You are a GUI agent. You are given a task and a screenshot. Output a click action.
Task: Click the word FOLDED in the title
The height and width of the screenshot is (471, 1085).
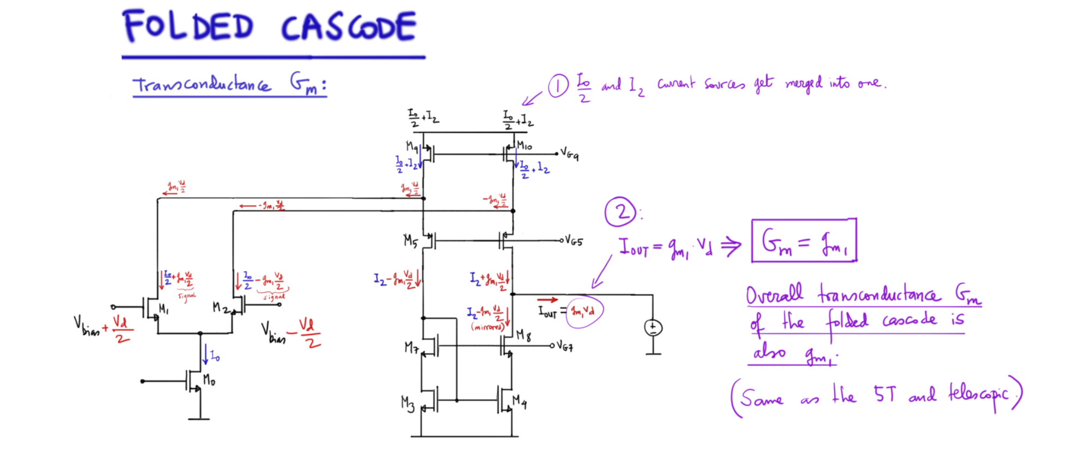point(188,26)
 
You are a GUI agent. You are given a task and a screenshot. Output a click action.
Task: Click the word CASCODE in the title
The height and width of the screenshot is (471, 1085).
point(349,27)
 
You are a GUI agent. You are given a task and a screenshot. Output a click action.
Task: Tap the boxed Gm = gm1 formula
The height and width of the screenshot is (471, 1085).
point(804,241)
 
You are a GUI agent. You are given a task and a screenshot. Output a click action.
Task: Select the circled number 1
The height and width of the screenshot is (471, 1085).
point(558,86)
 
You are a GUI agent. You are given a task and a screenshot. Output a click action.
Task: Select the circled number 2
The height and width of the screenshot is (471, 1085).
point(621,212)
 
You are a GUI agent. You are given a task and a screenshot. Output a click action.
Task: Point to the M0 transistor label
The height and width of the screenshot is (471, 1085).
point(209,380)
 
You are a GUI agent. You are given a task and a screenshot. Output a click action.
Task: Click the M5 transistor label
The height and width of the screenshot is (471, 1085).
point(411,240)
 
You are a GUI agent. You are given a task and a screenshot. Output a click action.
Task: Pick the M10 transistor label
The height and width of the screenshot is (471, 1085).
point(525,145)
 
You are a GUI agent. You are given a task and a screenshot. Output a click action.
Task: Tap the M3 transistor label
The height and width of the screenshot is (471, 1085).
point(407,403)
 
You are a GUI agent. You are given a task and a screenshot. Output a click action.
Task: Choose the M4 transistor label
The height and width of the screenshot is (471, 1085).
point(520,402)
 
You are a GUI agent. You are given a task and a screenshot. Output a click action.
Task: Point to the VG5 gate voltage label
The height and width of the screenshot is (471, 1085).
point(574,240)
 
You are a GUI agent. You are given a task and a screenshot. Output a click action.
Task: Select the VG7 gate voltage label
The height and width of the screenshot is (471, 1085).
point(565,345)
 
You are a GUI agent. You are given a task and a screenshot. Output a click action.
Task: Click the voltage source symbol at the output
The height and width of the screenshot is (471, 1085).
point(653,327)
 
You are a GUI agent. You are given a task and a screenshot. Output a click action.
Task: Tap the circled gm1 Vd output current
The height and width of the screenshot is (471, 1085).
point(584,311)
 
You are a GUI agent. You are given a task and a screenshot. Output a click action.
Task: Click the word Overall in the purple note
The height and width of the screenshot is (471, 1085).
point(774,295)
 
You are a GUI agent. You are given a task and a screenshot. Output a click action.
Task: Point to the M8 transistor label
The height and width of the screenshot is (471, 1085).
point(523,334)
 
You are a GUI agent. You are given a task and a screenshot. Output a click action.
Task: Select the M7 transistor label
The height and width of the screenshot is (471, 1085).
point(411,347)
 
